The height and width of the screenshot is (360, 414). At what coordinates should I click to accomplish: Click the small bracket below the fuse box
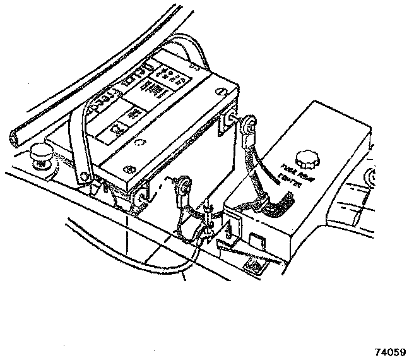point(254,266)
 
